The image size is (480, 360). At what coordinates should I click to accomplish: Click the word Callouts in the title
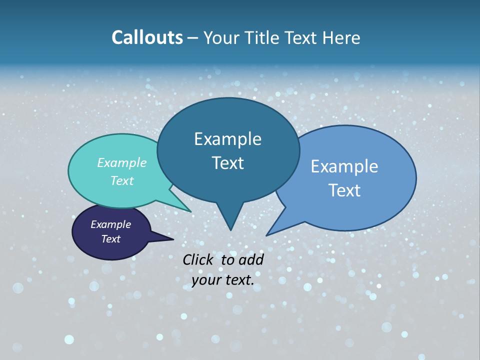[x=147, y=37]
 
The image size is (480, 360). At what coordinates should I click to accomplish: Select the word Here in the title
[x=342, y=37]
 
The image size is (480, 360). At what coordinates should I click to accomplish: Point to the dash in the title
[x=193, y=38]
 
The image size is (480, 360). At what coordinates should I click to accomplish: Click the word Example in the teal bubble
[x=122, y=163]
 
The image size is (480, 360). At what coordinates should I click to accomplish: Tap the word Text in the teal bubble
[x=122, y=180]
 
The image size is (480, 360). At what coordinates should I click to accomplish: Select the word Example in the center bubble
[x=227, y=139]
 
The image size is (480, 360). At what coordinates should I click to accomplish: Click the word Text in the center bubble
[x=227, y=163]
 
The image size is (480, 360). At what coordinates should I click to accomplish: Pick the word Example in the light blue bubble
[x=344, y=166]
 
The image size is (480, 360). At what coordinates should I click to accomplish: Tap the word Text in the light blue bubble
[x=344, y=190]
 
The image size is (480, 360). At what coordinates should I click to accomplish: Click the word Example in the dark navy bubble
[x=111, y=224]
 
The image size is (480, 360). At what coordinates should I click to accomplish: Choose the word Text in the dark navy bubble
[x=111, y=239]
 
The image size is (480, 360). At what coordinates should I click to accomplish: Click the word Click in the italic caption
[x=198, y=259]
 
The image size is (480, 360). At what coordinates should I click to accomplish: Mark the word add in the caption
[x=251, y=259]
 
